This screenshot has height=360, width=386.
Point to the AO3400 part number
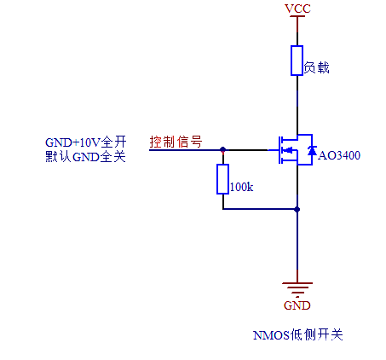[x=339, y=155]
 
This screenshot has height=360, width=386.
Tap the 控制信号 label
[x=176, y=142]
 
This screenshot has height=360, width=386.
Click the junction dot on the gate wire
[x=223, y=149]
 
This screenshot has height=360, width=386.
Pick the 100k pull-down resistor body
[x=223, y=179]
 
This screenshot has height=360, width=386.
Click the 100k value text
[x=242, y=186]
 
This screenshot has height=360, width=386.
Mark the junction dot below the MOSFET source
[x=297, y=208]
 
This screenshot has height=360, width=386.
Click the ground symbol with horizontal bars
[x=297, y=289]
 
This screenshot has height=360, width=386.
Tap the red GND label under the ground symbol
[x=297, y=305]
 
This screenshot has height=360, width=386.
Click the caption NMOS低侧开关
[x=297, y=335]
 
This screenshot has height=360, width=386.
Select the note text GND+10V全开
[x=85, y=142]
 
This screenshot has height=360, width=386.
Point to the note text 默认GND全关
[x=85, y=156]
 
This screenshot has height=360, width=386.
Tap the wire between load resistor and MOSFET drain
[x=297, y=102]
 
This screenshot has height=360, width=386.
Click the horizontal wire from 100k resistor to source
[x=260, y=208]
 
